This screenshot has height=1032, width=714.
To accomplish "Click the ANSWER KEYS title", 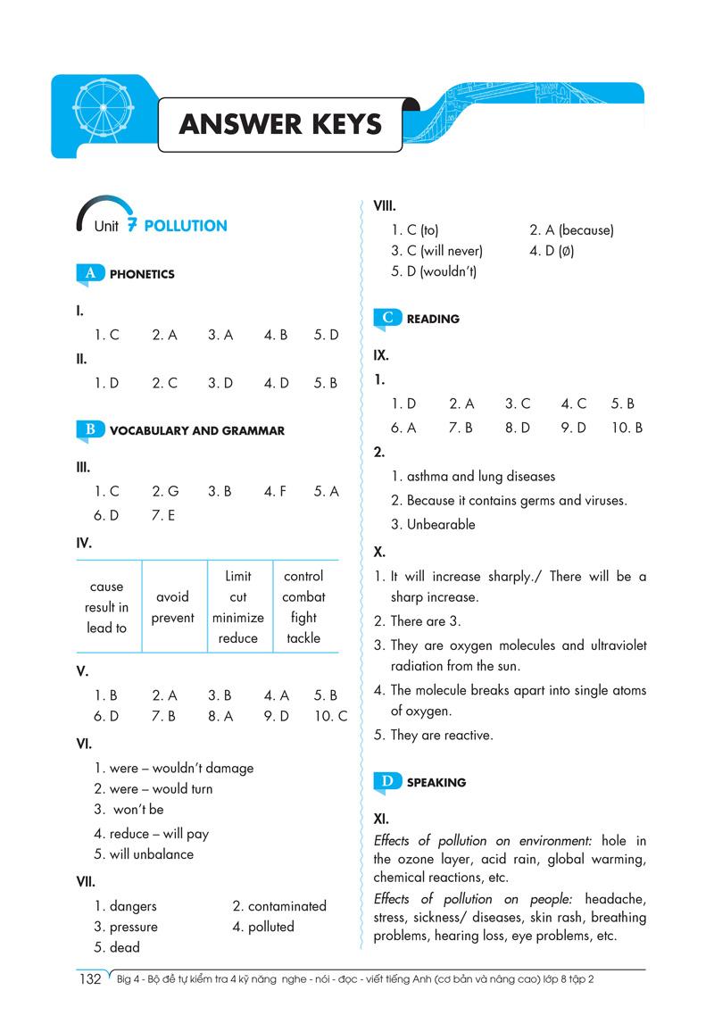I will coord(280,123).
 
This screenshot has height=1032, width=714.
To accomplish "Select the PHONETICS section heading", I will coord(142,274).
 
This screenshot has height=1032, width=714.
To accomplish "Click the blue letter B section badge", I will coord(90,429).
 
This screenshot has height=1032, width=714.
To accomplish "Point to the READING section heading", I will coord(433,319).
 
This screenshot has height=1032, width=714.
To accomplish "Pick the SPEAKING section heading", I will coord(436,783).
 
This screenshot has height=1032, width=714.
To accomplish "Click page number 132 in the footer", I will coord(90,979).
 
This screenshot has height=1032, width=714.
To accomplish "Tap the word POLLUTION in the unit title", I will coord(186,226).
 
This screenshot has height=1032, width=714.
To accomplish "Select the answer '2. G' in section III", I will coord(165,491).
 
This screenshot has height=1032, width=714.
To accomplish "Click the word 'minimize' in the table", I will coord(237,618).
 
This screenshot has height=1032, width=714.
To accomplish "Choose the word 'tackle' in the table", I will coord(303,638).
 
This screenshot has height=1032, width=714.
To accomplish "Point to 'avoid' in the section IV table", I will coord(172,597).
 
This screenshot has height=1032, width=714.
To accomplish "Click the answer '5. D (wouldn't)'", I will coord(434,271).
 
